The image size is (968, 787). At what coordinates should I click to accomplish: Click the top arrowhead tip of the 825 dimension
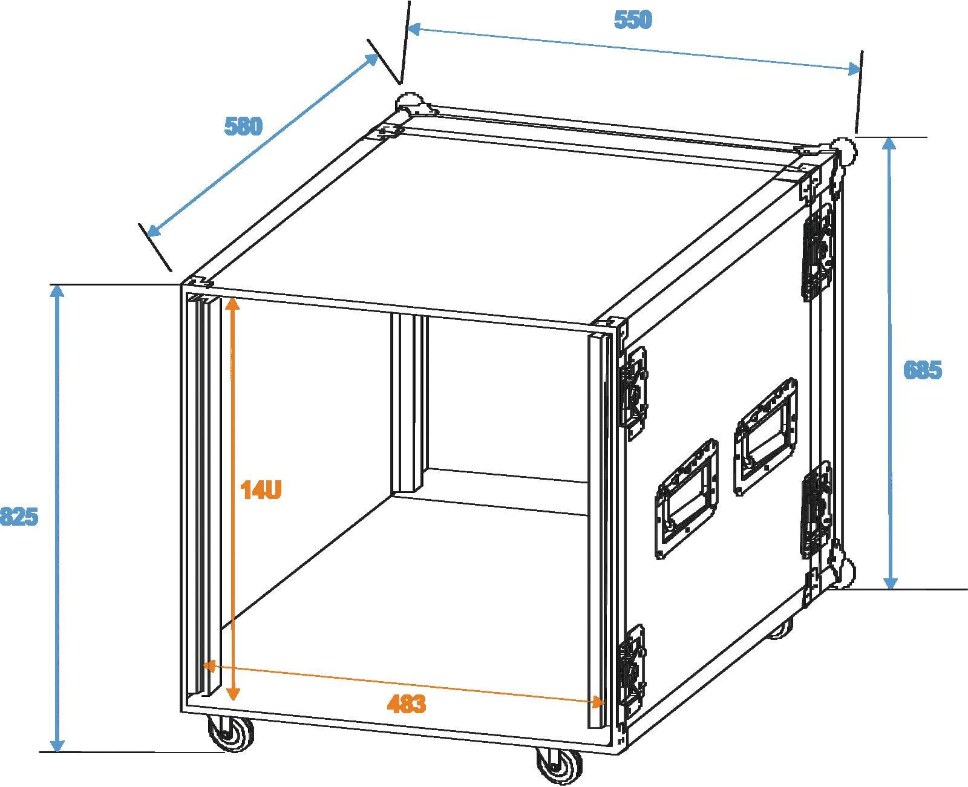click(57, 286)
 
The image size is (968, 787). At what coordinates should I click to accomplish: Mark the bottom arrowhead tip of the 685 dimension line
click(891, 589)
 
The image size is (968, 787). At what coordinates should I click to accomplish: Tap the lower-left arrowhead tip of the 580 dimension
click(148, 236)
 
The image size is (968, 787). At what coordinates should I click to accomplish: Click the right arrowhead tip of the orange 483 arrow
click(605, 702)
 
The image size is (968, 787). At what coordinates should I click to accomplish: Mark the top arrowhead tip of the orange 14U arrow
click(233, 297)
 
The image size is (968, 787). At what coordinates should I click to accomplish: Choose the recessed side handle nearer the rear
click(765, 436)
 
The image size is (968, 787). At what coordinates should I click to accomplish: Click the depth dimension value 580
click(244, 126)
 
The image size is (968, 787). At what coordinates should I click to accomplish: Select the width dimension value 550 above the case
click(633, 19)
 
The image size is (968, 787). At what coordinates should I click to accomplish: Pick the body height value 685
click(923, 370)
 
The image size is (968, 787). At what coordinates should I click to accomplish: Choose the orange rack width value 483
click(407, 704)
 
